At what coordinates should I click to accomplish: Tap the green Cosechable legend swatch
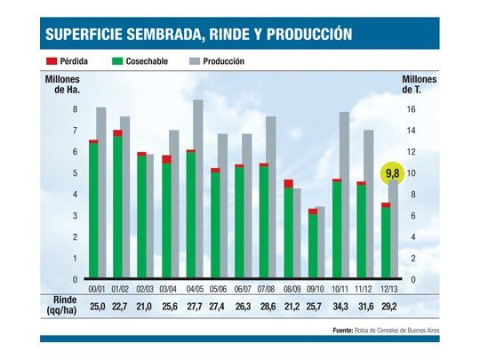coord(117,61)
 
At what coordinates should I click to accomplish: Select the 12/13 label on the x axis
coord(388,288)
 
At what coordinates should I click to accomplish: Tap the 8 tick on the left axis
coord(76,109)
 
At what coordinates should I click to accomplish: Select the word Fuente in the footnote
coord(341,330)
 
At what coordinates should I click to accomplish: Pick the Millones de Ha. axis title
coord(61,85)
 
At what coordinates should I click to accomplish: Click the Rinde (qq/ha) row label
coord(60,306)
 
